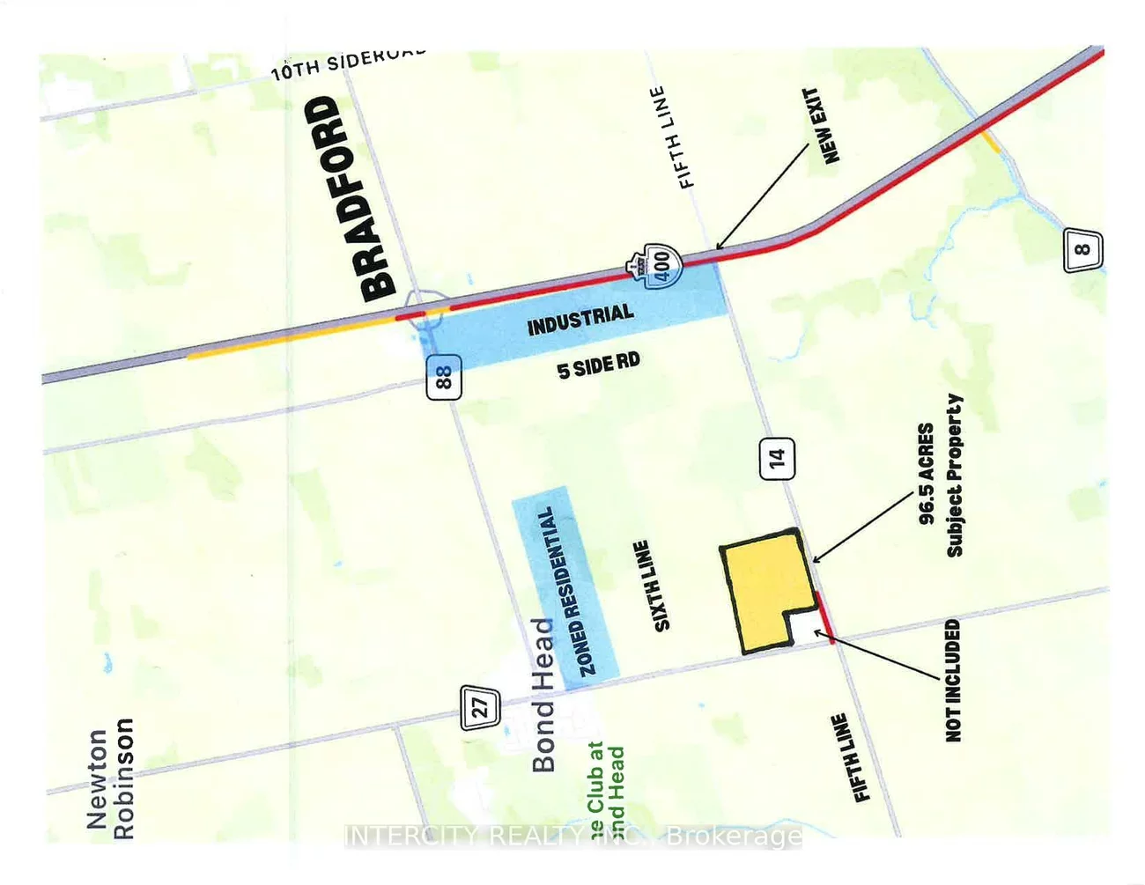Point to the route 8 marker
[x=1082, y=250]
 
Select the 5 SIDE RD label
[x=598, y=365]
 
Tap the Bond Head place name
[x=543, y=695]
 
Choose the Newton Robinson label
[x=111, y=778]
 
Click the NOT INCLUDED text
[x=953, y=680]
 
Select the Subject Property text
[x=955, y=476]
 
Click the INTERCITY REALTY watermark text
[x=573, y=836]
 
